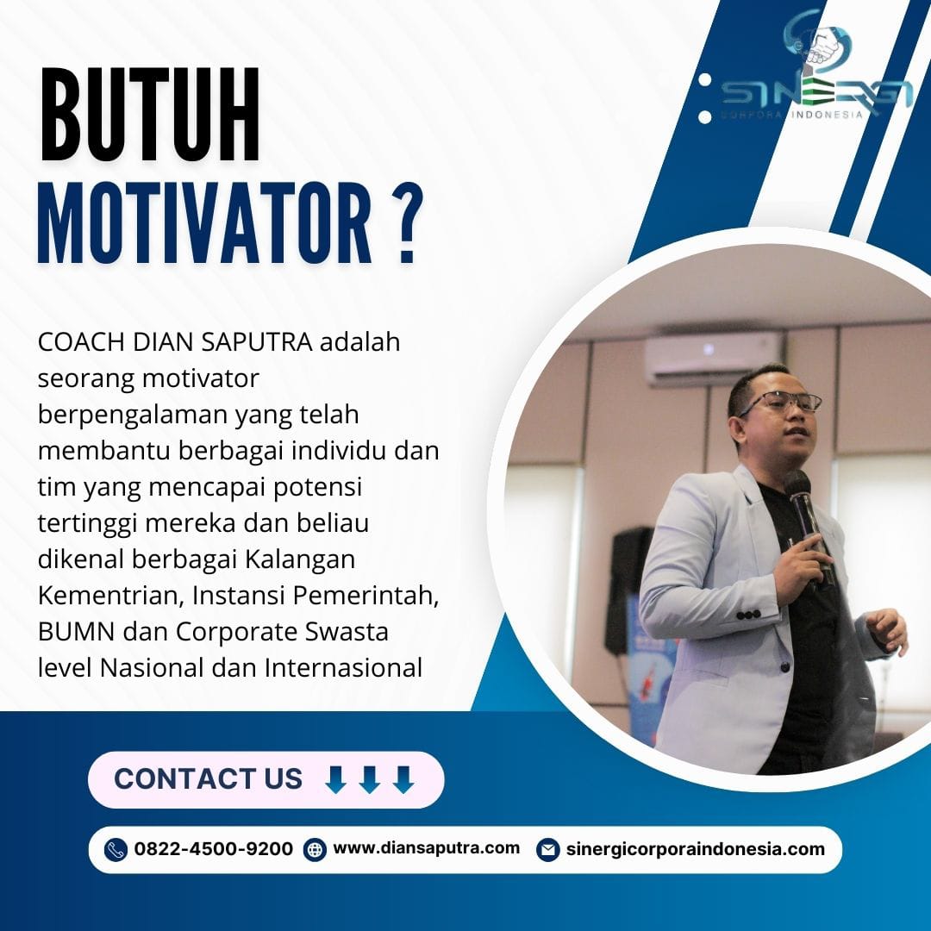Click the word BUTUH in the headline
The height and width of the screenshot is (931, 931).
tap(150, 114)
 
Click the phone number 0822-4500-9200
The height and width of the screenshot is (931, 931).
tap(214, 849)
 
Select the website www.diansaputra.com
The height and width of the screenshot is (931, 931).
tap(427, 848)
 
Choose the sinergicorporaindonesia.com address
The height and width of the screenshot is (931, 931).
tap(696, 849)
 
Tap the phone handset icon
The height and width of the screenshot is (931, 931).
tap(116, 850)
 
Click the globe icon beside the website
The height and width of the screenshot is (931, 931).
tap(315, 850)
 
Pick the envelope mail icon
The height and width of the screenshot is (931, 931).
tap(547, 850)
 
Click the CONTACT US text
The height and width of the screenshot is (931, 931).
tap(209, 779)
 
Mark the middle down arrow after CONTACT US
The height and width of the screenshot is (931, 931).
tap(370, 779)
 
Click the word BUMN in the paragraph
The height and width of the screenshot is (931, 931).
tap(76, 632)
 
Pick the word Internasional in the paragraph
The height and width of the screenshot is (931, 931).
tap(343, 668)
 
